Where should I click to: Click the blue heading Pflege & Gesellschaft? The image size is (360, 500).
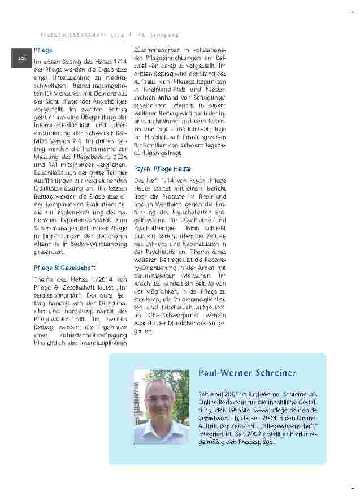[x=65, y=268]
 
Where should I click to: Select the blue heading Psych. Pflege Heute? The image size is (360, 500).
[x=162, y=169]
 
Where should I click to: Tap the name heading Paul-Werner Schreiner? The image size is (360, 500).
[x=247, y=373]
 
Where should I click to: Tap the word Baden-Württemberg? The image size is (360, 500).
[x=98, y=243]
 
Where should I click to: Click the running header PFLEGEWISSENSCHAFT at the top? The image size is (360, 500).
[x=75, y=35]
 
